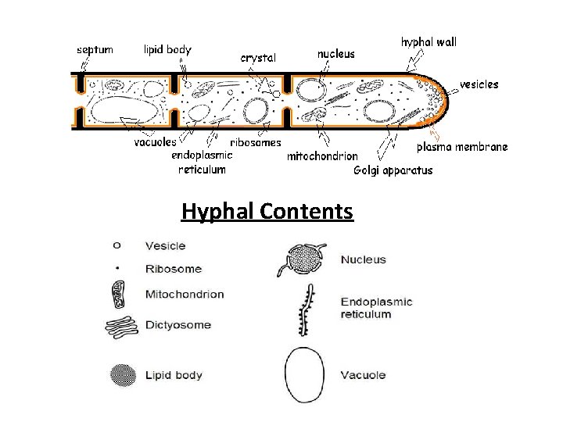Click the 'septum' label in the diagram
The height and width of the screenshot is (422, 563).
point(95,49)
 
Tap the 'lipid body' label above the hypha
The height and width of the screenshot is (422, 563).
point(167,48)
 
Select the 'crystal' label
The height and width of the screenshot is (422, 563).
point(260,57)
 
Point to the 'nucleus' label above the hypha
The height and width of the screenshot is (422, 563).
point(335,54)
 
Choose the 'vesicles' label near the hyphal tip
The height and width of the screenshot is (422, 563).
point(479,84)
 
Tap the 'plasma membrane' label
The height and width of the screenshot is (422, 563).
point(462,146)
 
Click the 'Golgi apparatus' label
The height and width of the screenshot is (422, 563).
point(393,170)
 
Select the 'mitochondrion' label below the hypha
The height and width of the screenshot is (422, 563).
point(323,156)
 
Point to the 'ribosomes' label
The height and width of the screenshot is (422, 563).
point(256,143)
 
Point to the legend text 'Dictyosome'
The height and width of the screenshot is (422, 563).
point(178,325)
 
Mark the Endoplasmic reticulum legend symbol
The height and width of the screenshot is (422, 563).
point(306,310)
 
